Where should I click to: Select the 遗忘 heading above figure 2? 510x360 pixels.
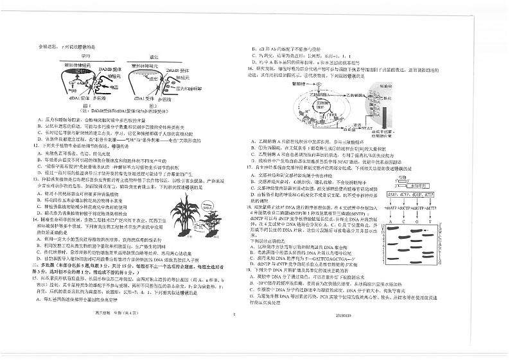click(x=154, y=56)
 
